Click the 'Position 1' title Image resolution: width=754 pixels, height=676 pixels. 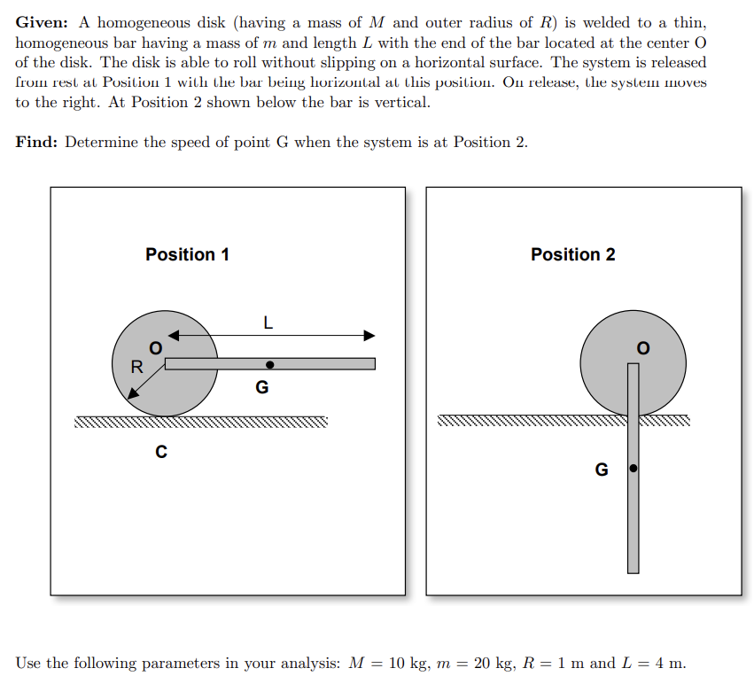(187, 254)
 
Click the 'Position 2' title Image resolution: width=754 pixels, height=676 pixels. (572, 254)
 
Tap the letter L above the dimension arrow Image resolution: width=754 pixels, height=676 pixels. (268, 323)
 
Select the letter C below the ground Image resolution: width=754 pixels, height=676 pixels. (160, 452)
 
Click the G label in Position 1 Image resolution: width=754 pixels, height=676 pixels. (261, 387)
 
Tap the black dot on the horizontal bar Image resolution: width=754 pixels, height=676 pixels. (269, 363)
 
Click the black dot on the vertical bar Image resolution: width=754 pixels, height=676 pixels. (633, 467)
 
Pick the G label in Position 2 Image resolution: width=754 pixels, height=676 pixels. (602, 470)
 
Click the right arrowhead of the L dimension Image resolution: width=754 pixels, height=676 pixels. (369, 336)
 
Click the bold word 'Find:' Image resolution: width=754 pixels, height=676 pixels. (35, 142)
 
